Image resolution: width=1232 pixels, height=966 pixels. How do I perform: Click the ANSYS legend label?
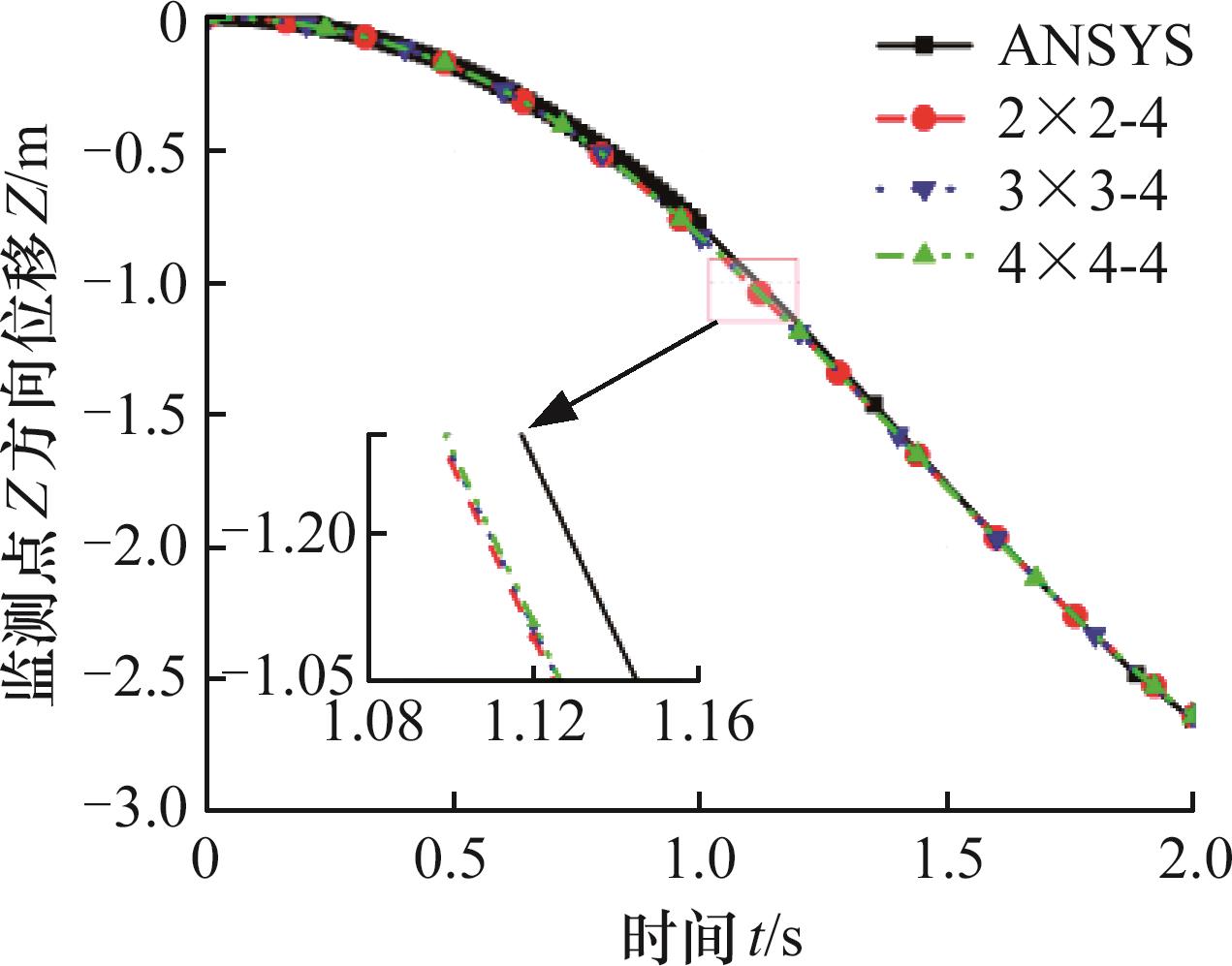tap(1095, 45)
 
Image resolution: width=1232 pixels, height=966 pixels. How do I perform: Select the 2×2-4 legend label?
tap(1082, 119)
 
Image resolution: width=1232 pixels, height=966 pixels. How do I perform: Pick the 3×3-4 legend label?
tap(1082, 191)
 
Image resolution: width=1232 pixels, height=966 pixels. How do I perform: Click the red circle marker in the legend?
tap(923, 119)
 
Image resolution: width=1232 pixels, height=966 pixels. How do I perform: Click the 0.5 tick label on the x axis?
tap(453, 859)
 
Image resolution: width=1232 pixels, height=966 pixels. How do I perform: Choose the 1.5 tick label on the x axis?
tap(946, 859)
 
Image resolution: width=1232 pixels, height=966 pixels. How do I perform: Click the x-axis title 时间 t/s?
tap(711, 936)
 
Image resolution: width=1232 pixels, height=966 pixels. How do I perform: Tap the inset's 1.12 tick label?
tap(534, 723)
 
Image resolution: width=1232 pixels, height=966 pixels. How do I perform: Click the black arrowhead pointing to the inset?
tap(553, 412)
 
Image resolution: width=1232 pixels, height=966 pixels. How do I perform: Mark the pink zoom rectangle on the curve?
tap(753, 290)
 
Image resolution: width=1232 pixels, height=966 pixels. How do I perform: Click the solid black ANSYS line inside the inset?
tap(579, 557)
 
